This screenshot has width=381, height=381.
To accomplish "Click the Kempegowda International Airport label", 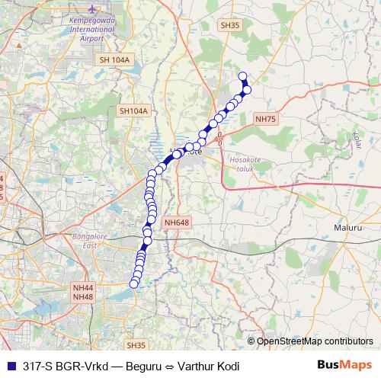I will [x=88, y=30].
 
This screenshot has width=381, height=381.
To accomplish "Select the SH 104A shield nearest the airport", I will [x=115, y=59].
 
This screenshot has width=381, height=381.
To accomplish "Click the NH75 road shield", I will [x=266, y=118].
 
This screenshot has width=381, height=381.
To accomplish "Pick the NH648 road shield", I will [x=175, y=223].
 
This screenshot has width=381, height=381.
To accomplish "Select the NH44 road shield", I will [x=82, y=287].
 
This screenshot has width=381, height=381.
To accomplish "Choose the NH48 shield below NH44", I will [x=82, y=296].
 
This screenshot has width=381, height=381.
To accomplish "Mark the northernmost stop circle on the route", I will [x=243, y=75].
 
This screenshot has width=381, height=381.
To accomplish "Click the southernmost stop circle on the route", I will [x=134, y=284].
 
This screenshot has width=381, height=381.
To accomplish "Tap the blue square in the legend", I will [x=10, y=366].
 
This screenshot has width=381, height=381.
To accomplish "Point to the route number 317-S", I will [x=38, y=366].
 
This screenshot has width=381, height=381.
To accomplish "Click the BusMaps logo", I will [x=344, y=365].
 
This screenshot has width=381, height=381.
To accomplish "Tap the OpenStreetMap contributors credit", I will [x=315, y=341].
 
